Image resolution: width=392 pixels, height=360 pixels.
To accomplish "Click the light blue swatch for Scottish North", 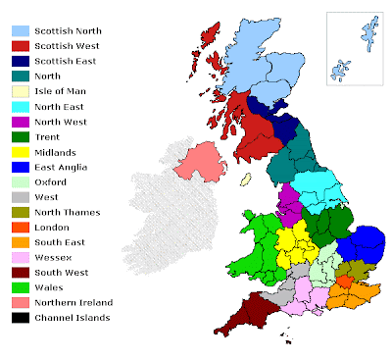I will point(18,31).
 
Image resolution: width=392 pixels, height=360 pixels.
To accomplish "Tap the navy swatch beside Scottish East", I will point(18,60).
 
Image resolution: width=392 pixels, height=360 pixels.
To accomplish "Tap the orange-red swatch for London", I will point(18,231).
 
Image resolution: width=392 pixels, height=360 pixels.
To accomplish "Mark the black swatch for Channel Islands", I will point(18,317).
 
